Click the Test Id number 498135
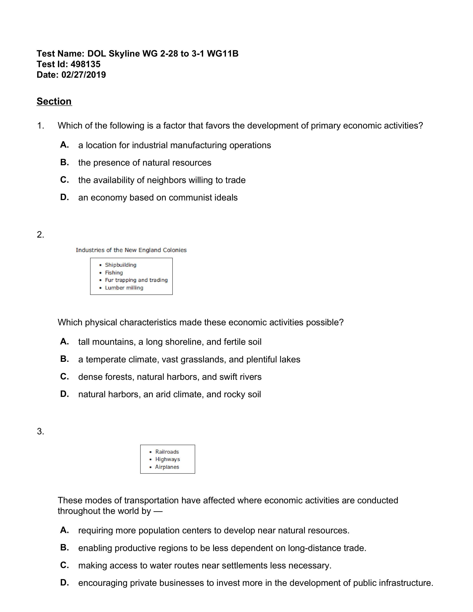click(x=86, y=64)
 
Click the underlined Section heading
click(x=54, y=101)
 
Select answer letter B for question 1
click(x=64, y=162)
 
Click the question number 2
click(x=40, y=235)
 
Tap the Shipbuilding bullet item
click(x=121, y=265)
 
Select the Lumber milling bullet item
click(x=124, y=288)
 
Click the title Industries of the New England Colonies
click(x=131, y=250)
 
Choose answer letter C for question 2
click(x=64, y=376)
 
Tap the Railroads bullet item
click(x=167, y=452)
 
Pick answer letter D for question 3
click(x=64, y=583)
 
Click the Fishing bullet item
click(x=114, y=273)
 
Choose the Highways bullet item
click(x=167, y=459)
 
